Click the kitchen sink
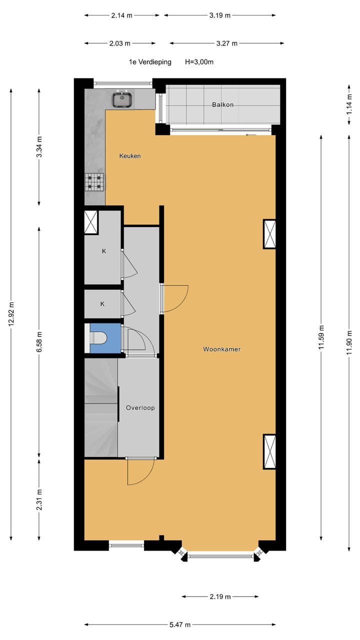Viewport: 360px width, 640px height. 121,99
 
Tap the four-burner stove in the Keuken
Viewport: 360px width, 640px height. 95,181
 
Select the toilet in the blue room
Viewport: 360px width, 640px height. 98,338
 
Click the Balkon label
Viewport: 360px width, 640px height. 222,105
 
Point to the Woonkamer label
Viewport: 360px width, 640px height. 221,349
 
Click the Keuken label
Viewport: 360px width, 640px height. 129,156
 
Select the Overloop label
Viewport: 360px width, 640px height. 140,407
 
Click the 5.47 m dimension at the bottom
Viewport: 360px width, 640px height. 179,624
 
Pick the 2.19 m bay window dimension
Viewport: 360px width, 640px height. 220,596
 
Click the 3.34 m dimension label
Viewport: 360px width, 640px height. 39,147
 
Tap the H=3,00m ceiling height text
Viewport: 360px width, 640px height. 199,62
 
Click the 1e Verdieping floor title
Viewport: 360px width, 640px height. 150,62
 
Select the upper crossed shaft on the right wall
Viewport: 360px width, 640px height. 269,234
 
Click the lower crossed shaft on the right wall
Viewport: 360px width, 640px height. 269,451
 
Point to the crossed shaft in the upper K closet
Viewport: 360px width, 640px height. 91,222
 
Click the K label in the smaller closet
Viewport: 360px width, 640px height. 102,304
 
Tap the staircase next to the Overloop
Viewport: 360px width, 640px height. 100,407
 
